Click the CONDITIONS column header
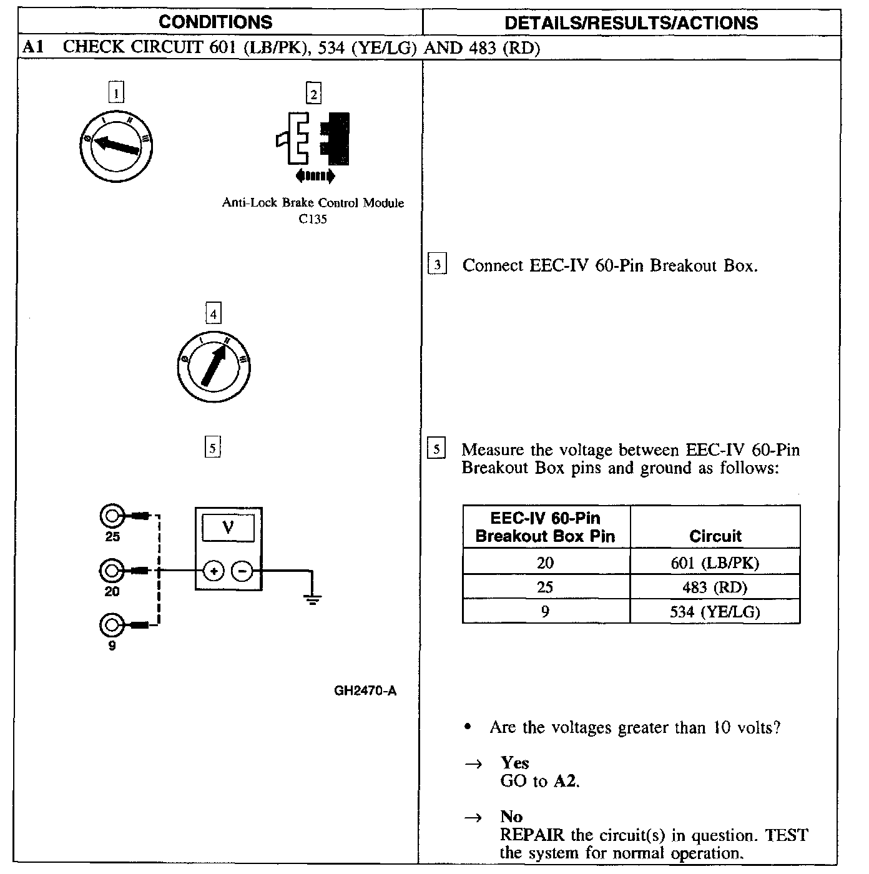(215, 22)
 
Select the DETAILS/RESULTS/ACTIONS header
(631, 23)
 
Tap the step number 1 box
(116, 93)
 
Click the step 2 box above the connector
(313, 94)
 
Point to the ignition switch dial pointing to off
(116, 146)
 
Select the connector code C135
(313, 219)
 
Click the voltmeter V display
(228, 529)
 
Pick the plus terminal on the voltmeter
(214, 571)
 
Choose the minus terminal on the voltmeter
(243, 571)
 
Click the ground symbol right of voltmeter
(313, 599)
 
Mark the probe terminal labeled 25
(112, 516)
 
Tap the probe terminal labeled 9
(112, 624)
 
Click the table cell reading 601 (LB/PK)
(715, 563)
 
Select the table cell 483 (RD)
(715, 587)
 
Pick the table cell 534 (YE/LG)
(715, 612)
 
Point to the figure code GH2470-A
(365, 691)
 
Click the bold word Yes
(514, 763)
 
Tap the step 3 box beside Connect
(438, 265)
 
